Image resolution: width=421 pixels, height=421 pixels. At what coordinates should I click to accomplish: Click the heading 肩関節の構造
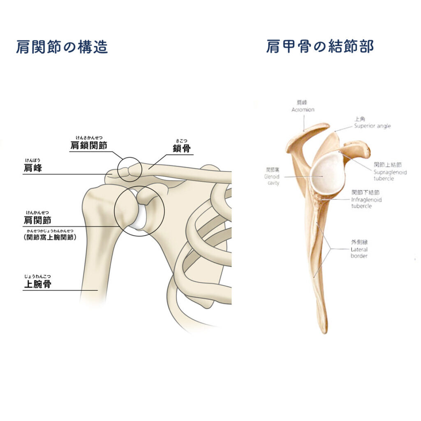(62, 47)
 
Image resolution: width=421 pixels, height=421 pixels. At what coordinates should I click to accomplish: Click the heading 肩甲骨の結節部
(320, 46)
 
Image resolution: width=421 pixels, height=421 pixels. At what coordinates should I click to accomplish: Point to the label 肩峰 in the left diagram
(33, 168)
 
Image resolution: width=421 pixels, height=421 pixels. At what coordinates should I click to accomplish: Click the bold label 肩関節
(37, 220)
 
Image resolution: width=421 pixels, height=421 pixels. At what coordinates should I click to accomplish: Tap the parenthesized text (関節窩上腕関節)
(51, 237)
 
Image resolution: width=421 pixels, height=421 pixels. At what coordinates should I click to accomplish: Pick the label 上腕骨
(37, 284)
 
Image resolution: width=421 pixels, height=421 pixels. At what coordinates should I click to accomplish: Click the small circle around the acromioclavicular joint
(130, 169)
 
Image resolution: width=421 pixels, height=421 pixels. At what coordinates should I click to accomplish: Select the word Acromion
(303, 110)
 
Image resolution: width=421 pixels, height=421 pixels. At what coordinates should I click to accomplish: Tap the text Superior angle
(372, 126)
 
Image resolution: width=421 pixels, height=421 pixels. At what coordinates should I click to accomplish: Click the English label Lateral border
(359, 252)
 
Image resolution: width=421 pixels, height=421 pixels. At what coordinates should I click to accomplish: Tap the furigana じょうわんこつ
(38, 276)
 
